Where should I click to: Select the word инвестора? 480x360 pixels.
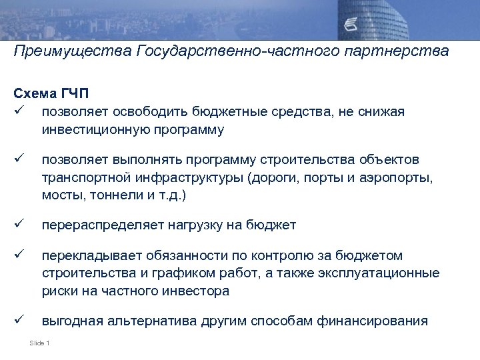200,291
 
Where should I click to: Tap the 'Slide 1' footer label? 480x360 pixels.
40,343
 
